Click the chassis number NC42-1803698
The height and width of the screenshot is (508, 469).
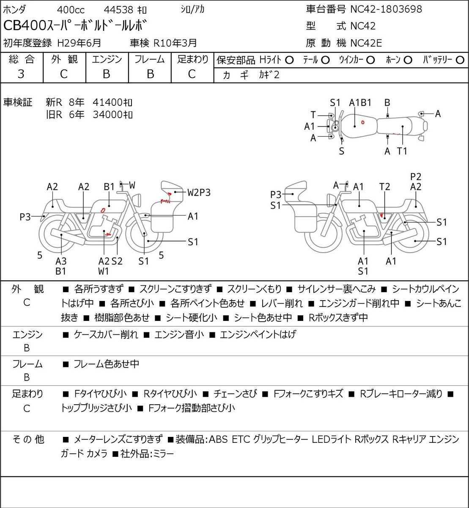(386, 9)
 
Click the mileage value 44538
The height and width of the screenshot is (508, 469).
(118, 10)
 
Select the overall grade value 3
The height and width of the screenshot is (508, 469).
(21, 74)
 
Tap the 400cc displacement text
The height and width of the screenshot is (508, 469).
(71, 10)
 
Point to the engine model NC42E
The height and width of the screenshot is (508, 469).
(366, 43)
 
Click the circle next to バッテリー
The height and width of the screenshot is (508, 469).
(460, 60)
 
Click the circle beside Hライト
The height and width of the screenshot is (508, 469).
(289, 60)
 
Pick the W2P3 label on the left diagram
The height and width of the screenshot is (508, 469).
(199, 192)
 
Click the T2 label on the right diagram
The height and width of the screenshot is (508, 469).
(384, 187)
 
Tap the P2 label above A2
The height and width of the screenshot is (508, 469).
(416, 177)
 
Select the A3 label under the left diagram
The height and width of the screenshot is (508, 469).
(61, 261)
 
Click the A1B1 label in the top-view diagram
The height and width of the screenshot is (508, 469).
(360, 102)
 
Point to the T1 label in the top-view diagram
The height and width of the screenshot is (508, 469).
(402, 151)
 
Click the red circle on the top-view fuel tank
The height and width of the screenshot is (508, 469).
(363, 122)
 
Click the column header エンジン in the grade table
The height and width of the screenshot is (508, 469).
(107, 60)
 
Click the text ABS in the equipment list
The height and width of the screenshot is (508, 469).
(218, 439)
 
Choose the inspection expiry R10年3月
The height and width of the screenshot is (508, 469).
(175, 43)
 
